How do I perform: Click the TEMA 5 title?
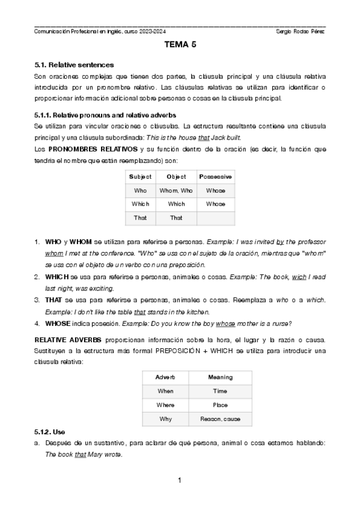[x=180, y=45]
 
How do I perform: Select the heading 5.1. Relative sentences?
[x=74, y=64]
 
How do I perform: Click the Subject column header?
[x=140, y=176]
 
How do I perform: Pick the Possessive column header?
[x=215, y=176]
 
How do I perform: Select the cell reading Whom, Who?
[x=176, y=190]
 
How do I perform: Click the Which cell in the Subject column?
[x=140, y=204]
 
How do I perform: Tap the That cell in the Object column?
[x=176, y=218]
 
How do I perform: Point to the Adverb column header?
[x=165, y=377]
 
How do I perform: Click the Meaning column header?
[x=220, y=377]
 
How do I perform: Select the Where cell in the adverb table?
[x=165, y=405]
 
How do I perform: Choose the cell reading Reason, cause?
[x=220, y=419]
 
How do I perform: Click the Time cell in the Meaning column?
[x=220, y=391]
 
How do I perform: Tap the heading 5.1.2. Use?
[x=50, y=432]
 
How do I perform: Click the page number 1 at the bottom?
[x=180, y=481]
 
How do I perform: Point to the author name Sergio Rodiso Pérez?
[x=300, y=31]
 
